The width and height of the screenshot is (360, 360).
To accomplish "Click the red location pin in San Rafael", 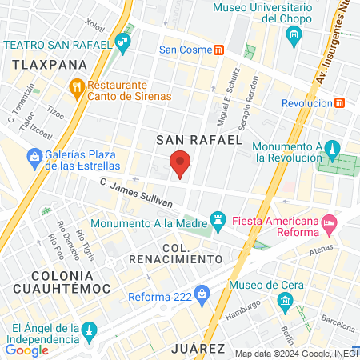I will click(181, 163).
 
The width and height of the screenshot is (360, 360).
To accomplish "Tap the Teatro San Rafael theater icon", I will click(122, 45).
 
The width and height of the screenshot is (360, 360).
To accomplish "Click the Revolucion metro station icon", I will click(339, 102).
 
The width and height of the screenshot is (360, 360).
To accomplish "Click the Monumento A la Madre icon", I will click(217, 218).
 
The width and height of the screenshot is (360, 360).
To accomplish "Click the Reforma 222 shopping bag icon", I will click(202, 294).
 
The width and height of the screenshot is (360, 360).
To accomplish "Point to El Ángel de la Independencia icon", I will click(90, 329).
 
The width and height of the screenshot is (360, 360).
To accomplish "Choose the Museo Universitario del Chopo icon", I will click(294, 34).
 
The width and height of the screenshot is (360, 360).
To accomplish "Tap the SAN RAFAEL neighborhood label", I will click(198, 139).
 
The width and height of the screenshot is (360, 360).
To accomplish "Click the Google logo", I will click(27, 349).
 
